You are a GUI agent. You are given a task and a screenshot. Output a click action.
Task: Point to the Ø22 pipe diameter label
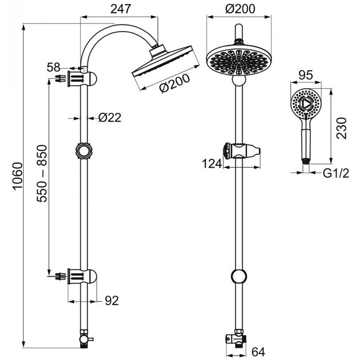point(110,118)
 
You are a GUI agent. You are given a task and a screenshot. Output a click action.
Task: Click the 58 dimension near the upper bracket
point(54,68)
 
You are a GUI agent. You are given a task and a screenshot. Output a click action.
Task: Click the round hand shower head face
point(306,103)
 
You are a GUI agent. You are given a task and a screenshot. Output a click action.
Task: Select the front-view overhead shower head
point(239,59)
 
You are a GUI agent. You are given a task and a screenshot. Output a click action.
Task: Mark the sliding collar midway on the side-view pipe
point(83,150)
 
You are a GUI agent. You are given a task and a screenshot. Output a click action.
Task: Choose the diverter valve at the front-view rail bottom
point(237,338)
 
